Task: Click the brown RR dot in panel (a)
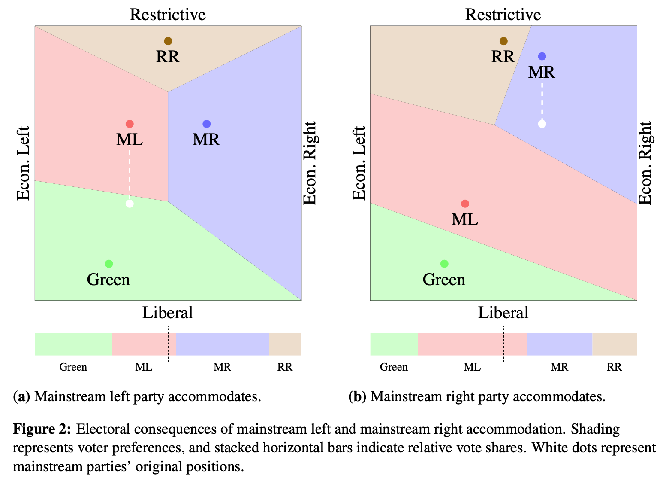(x=168, y=41)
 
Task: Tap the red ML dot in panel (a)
(x=130, y=124)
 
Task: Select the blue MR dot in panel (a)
(x=207, y=124)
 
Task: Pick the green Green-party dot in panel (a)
(x=109, y=264)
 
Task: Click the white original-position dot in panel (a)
(x=130, y=204)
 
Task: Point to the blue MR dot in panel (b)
(x=542, y=56)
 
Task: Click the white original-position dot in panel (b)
(x=542, y=124)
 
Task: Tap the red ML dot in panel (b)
(x=465, y=204)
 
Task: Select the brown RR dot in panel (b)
(x=503, y=41)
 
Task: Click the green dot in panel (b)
(x=444, y=264)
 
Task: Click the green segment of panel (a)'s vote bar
(x=73, y=344)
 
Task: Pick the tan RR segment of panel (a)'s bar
(x=285, y=344)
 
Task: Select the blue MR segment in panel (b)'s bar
(x=560, y=344)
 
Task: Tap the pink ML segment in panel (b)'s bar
(x=472, y=344)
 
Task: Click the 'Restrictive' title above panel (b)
(x=503, y=15)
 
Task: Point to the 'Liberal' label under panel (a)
(x=168, y=313)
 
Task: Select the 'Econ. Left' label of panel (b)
(x=359, y=163)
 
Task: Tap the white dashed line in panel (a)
(x=130, y=172)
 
